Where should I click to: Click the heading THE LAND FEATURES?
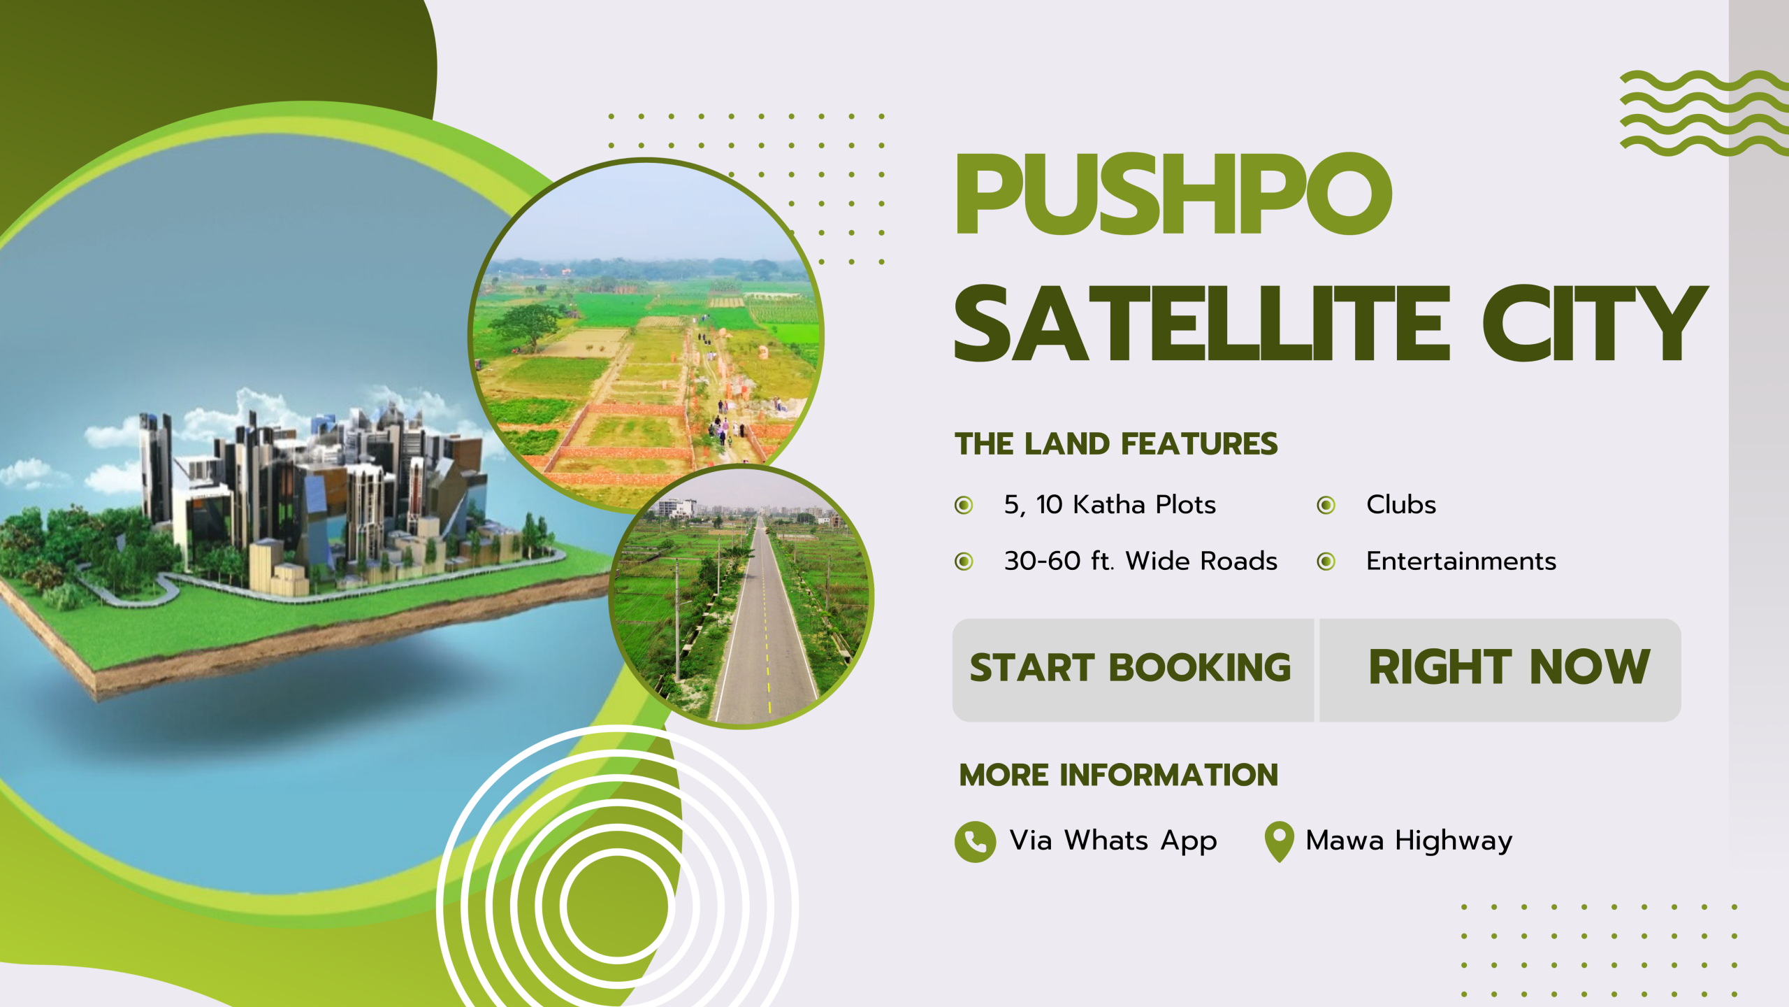click(1116, 444)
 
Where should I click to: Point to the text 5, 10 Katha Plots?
click(1110, 505)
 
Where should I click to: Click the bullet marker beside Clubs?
click(1326, 505)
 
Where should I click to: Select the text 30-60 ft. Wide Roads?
click(1140, 561)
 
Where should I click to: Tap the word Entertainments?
click(1461, 561)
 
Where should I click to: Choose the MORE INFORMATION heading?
click(1118, 775)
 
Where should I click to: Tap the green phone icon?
click(975, 841)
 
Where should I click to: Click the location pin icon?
click(1279, 840)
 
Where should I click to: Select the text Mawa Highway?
click(1409, 841)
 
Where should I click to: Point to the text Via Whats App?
click(1113, 841)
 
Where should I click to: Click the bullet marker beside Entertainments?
click(1326, 561)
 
